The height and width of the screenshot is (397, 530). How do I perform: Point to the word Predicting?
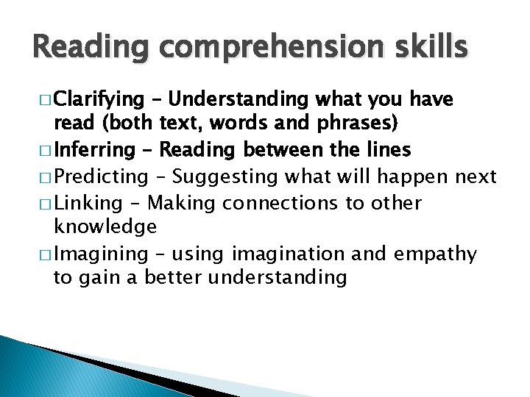[x=102, y=176]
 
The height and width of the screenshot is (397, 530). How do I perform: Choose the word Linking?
[x=88, y=202]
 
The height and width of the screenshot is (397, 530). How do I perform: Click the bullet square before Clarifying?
[x=43, y=99]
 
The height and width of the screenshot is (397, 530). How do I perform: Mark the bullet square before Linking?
[x=43, y=202]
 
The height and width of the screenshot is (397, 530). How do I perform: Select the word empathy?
[x=436, y=254]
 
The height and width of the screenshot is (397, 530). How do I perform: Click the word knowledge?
[x=105, y=226]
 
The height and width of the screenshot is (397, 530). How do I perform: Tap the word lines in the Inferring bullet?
[x=386, y=151]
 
